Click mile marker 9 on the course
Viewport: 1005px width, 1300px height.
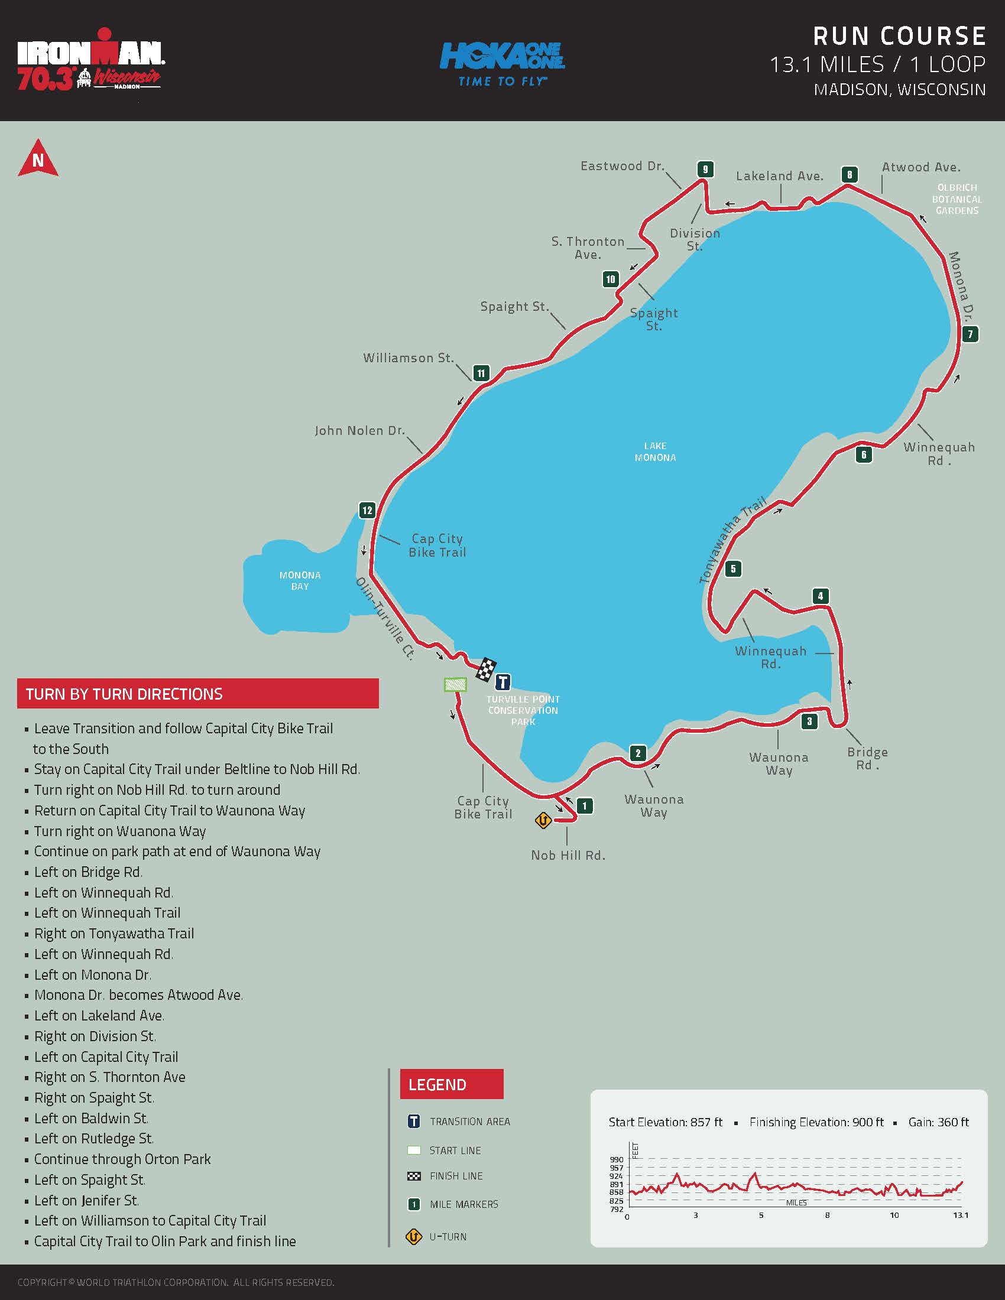pyautogui.click(x=705, y=169)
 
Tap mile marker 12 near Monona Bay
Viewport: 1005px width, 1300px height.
pyautogui.click(x=367, y=510)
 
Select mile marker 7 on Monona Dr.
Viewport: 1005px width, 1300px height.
pyautogui.click(x=970, y=334)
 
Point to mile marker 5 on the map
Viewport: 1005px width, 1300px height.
pyautogui.click(x=733, y=568)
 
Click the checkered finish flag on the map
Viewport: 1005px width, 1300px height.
pyautogui.click(x=487, y=669)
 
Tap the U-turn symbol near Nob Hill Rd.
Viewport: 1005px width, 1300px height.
pyautogui.click(x=543, y=821)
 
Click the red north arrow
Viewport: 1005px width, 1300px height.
pyautogui.click(x=38, y=158)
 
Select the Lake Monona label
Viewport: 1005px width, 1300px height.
pyautogui.click(x=655, y=452)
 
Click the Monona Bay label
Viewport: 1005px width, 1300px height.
pyautogui.click(x=300, y=581)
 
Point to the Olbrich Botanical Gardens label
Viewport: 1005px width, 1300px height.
pyautogui.click(x=957, y=199)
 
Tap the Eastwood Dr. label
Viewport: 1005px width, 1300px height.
pyautogui.click(x=622, y=166)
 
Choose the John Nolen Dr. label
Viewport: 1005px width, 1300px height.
pyautogui.click(x=359, y=430)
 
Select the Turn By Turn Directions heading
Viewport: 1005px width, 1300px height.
pyautogui.click(x=124, y=694)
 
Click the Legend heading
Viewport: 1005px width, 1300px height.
pyautogui.click(x=437, y=1084)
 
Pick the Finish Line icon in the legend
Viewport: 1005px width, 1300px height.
pyautogui.click(x=414, y=1176)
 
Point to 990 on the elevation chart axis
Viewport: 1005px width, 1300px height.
pyautogui.click(x=616, y=1159)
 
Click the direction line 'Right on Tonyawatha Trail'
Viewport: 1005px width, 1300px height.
pyautogui.click(x=114, y=933)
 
